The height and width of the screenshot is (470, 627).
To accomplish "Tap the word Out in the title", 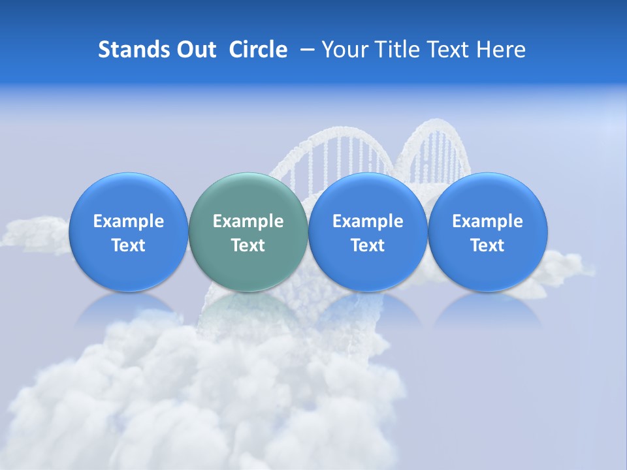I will point(194,50).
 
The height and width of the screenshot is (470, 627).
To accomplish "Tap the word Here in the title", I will point(503,50).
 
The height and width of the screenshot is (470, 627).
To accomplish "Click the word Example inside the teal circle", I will point(248,221).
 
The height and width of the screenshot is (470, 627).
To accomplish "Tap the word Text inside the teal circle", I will point(248,245).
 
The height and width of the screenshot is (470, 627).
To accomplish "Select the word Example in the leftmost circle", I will point(128,221).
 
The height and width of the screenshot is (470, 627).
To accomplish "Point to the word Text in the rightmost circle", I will point(487,245).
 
